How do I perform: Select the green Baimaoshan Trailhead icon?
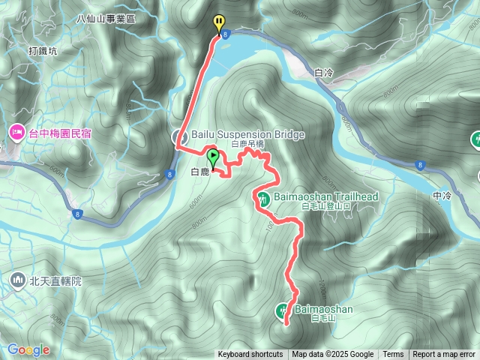tap(263, 199)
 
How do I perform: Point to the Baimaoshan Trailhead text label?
tap(325, 196)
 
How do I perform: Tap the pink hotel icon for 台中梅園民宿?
tap(16, 133)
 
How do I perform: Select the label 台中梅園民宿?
tap(59, 133)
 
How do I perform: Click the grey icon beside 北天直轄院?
tap(16, 281)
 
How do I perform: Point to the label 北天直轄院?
tap(55, 282)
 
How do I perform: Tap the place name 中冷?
tap(442, 196)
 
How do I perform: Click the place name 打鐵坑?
tap(43, 51)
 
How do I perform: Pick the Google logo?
tap(28, 349)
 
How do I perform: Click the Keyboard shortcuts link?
tap(250, 355)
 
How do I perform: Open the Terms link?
tap(393, 355)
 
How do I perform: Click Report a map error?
tap(444, 355)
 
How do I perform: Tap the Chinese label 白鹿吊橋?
tap(248, 144)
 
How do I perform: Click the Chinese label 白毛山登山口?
tap(325, 205)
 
